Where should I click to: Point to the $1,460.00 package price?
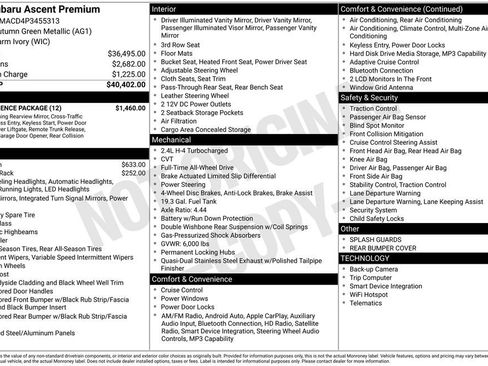tap(129, 107)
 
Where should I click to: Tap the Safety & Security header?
tap(370, 98)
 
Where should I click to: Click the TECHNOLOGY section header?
tap(367, 258)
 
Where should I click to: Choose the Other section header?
tap(350, 228)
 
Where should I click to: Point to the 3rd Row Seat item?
tap(181, 45)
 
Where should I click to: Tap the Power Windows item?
tap(184, 298)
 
